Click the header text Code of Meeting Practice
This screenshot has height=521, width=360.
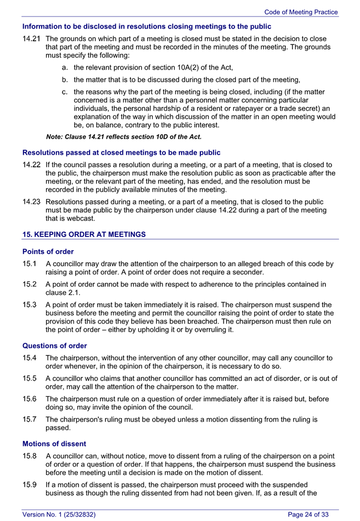301,12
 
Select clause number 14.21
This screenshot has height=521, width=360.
32,39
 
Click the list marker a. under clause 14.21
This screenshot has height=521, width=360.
65,67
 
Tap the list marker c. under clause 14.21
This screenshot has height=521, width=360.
65,92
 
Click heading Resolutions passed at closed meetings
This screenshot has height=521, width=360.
121,152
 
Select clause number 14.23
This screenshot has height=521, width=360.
32,202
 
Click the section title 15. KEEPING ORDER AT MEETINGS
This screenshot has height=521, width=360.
84,234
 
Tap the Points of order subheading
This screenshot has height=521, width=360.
48,252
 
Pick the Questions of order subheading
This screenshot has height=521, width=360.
54,346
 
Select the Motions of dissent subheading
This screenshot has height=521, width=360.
54,443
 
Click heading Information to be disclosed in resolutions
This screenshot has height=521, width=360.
147,26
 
